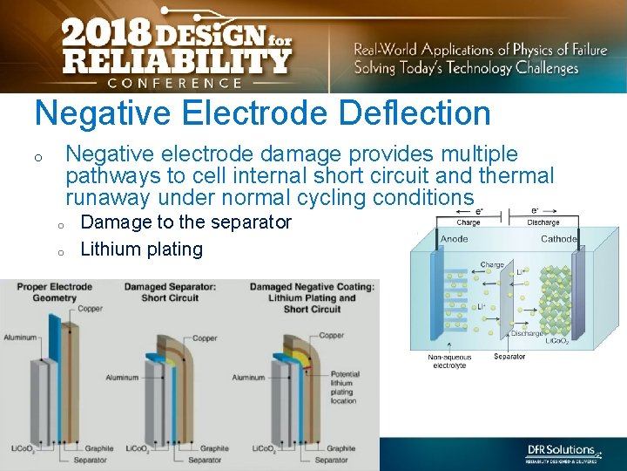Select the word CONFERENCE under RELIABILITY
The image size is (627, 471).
(175, 83)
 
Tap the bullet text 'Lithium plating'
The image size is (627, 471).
(141, 249)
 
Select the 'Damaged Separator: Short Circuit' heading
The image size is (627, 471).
(172, 291)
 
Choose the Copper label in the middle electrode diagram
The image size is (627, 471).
(205, 338)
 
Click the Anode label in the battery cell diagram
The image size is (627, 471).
(454, 239)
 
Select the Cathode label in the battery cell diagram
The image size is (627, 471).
(558, 239)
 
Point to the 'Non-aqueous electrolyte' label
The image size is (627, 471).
(450, 361)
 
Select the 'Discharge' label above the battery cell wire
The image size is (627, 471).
(543, 222)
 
